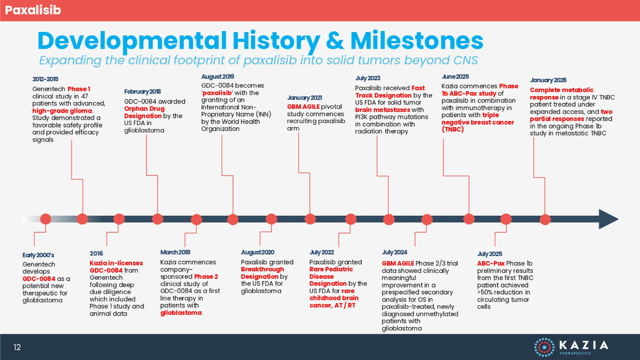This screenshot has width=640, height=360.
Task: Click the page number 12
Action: [17, 347]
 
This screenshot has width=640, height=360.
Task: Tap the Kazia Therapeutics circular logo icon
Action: [544, 347]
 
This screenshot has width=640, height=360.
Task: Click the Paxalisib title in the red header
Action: [33, 10]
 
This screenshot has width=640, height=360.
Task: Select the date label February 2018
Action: [142, 92]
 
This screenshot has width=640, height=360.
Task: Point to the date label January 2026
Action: [548, 80]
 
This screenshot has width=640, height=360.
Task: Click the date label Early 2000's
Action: [38, 255]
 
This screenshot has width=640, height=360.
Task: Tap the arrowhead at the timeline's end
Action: [608, 219]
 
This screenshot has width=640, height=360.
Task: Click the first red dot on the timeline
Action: [46, 219]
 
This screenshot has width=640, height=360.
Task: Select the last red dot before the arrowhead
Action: [545, 220]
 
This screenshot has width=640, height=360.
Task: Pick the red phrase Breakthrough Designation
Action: [262, 273]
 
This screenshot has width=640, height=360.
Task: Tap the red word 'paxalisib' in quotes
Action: [217, 93]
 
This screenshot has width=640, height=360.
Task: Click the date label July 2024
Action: [394, 253]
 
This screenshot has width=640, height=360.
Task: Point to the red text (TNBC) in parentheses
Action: [452, 130]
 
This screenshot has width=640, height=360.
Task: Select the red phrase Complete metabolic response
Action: [561, 94]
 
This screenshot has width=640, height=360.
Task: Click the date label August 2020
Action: [257, 253]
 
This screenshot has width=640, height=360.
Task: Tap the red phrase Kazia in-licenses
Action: [116, 263]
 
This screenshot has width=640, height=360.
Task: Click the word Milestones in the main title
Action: [417, 41]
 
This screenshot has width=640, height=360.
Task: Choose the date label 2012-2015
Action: [45, 79]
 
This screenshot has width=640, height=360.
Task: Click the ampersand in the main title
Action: [335, 41]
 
